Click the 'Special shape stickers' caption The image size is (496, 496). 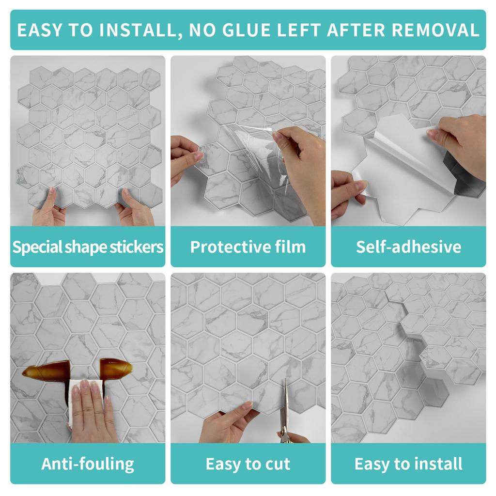click(88, 247)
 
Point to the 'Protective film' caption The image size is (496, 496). click(248, 247)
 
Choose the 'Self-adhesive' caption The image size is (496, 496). click(408, 247)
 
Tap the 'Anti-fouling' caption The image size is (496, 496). click(88, 464)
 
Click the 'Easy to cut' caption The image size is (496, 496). click(248, 464)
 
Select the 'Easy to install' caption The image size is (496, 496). click(408, 464)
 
